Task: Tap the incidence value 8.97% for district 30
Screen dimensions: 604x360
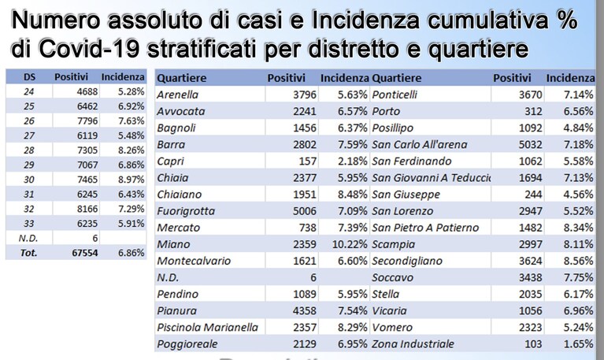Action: coord(131,180)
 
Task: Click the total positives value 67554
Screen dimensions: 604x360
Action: coord(85,253)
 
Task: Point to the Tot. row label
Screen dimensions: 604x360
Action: coord(28,253)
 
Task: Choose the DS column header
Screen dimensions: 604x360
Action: coord(29,77)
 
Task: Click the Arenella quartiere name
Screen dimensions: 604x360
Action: coord(178,95)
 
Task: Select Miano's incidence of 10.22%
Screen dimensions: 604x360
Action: coord(350,244)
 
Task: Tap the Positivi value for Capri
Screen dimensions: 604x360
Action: coord(307,161)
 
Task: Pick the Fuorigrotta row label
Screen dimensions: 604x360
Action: coord(186,211)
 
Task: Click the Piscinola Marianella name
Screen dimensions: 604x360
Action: coord(207,328)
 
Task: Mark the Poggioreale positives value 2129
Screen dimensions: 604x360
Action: coord(304,344)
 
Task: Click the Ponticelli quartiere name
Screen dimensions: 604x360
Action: coord(395,95)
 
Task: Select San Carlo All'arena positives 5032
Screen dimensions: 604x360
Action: coord(531,144)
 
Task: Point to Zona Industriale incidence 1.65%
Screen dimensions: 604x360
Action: coord(578,344)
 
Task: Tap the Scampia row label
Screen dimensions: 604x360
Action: coord(393,245)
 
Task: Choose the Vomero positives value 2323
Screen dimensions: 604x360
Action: coord(531,328)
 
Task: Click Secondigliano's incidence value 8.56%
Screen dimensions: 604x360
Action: coord(578,261)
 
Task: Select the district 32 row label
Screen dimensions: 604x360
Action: coord(29,209)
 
